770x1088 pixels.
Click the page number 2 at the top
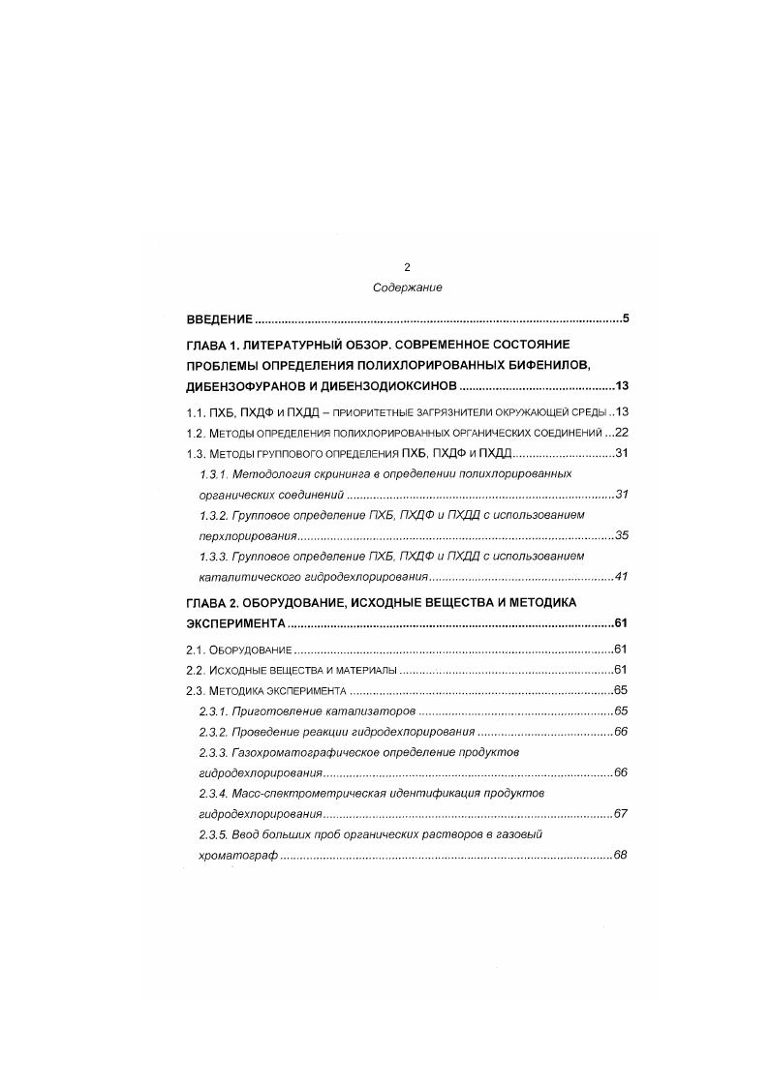(x=407, y=266)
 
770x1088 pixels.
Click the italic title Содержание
(x=407, y=287)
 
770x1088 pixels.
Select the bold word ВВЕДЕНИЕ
(x=220, y=318)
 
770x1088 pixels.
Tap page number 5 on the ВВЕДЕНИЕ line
(x=627, y=318)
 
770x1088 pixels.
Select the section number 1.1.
(x=196, y=411)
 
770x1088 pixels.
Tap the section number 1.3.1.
(x=214, y=473)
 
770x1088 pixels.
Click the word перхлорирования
(x=243, y=534)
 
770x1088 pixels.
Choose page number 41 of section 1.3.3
(x=622, y=576)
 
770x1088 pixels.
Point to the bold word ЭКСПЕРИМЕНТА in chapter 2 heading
(x=234, y=623)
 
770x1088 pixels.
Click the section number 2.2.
(x=196, y=670)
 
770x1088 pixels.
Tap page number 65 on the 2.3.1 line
(x=622, y=710)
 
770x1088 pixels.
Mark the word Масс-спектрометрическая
(x=304, y=793)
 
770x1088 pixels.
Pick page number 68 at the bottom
(x=622, y=855)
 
